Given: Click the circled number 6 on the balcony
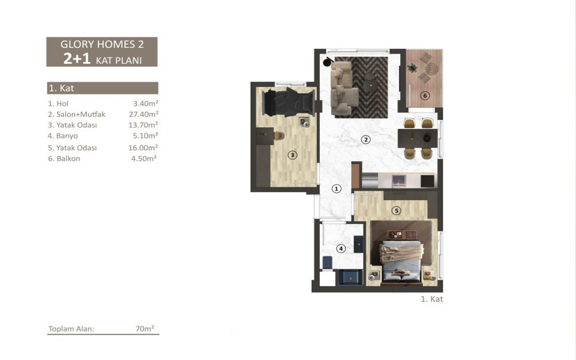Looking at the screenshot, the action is pyautogui.click(x=425, y=96).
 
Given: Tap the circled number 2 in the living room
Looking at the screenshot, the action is pyautogui.click(x=365, y=139).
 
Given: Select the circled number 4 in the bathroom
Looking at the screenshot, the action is pyautogui.click(x=341, y=248).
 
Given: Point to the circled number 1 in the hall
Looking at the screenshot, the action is pyautogui.click(x=336, y=189).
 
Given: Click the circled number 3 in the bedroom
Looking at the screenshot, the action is pyautogui.click(x=292, y=155).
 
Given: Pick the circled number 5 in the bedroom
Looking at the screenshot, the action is pyautogui.click(x=396, y=211).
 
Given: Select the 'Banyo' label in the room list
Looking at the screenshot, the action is pyautogui.click(x=67, y=136).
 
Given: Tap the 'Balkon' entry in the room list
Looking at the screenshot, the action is pyautogui.click(x=68, y=159).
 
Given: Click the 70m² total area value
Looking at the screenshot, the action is pyautogui.click(x=145, y=328).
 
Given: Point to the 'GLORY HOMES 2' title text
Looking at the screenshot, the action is pyautogui.click(x=102, y=44).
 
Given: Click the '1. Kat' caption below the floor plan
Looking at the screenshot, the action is pyautogui.click(x=432, y=299).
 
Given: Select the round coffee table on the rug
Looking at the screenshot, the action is pyautogui.click(x=371, y=85).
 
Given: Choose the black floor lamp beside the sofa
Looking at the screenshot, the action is pyautogui.click(x=327, y=62).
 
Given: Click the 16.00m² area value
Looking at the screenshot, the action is pyautogui.click(x=143, y=148).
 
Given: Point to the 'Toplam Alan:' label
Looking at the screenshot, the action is pyautogui.click(x=71, y=329).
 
